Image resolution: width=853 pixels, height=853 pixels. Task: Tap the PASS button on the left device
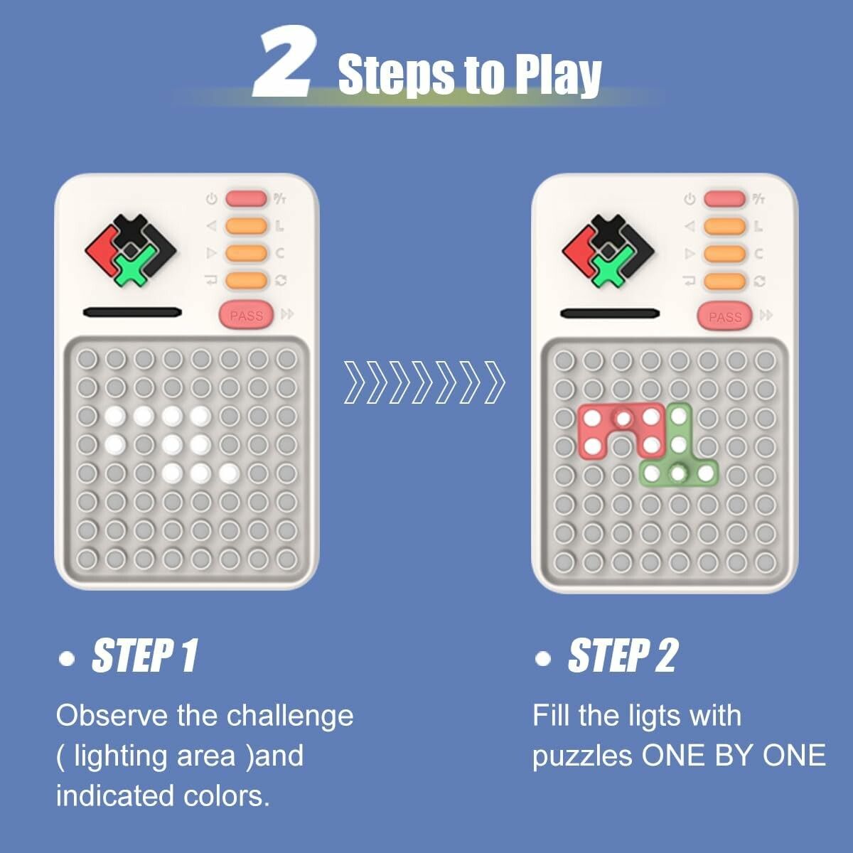coord(247,316)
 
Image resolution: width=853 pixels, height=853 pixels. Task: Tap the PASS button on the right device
coord(724,316)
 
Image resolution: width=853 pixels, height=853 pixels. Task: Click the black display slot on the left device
coord(132,313)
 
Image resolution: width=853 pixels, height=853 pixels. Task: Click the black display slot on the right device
coord(610,313)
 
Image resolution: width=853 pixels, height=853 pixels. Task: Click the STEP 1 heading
coord(144,655)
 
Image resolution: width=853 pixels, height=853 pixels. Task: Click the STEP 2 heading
coord(623,655)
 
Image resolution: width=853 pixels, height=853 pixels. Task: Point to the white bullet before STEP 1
coord(67,659)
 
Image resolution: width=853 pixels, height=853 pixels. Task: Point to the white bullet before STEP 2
coord(542,659)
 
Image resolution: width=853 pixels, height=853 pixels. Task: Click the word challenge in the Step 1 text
coord(290,717)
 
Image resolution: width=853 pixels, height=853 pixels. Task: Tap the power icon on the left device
coord(212,199)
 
